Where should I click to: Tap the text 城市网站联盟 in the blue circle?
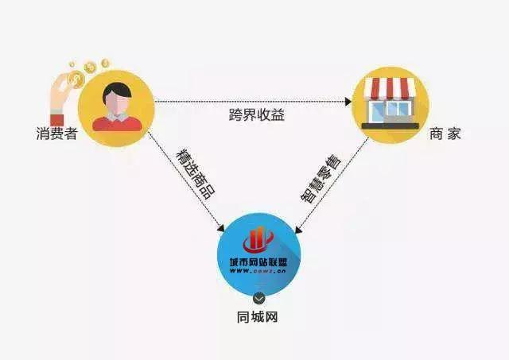(x=260, y=262)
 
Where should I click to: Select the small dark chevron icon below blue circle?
(x=259, y=299)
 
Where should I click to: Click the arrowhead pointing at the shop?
(x=348, y=101)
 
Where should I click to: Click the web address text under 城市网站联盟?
(x=260, y=273)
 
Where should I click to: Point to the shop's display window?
(x=380, y=111)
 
